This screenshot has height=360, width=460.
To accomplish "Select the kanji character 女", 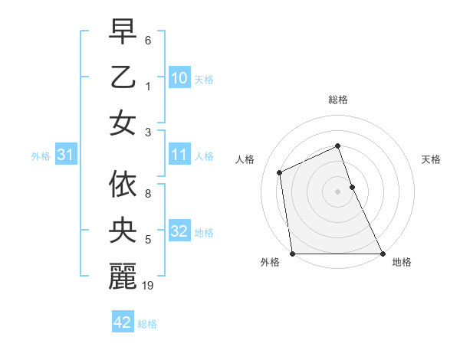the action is point(123,123).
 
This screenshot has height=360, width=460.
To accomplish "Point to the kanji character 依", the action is point(123,185).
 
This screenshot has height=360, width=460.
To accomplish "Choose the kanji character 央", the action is point(123,231).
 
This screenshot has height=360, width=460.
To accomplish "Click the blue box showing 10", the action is point(179,77).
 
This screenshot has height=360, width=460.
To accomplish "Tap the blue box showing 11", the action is point(179,155).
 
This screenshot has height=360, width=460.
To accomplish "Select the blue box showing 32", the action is point(179,231).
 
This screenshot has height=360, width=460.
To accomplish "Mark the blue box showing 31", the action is point(65,155).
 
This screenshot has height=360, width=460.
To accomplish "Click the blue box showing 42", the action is point(123,322).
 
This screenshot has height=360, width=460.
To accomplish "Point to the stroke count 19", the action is point(149,286).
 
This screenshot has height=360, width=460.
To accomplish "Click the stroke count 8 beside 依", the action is point(148,185).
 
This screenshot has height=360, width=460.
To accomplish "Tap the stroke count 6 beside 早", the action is point(148,38).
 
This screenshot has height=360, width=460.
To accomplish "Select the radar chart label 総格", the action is point(337,100).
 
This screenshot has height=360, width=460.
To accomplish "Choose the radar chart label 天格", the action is point(431,159).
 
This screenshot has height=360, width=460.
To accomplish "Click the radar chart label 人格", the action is point(245,159).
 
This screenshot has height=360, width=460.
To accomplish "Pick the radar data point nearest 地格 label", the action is point(382,254).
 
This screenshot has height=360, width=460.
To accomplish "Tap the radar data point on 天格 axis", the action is point(352,186).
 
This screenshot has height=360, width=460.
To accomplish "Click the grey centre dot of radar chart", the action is point(337,191).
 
